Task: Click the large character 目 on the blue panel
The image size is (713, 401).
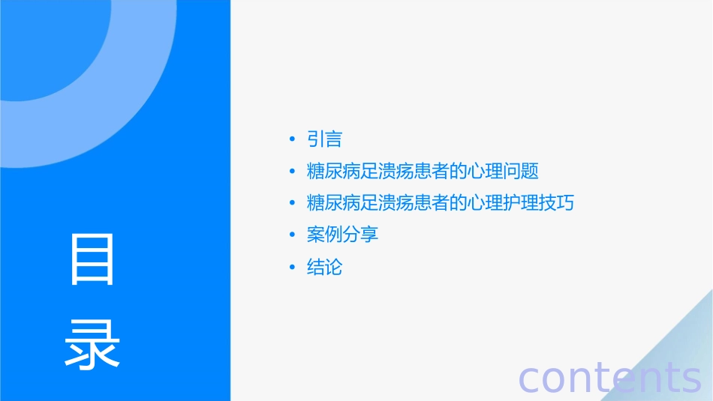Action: point(92,259)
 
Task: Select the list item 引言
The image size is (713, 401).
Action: point(325,139)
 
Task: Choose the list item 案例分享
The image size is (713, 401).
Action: point(343,235)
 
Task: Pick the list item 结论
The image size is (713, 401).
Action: point(325,267)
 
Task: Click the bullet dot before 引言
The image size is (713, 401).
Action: point(292,139)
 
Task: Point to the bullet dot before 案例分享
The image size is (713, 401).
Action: point(292,235)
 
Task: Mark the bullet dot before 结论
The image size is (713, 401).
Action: point(292,267)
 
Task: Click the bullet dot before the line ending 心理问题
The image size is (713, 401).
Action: point(292,172)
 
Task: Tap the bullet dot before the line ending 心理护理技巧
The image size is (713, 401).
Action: point(292,203)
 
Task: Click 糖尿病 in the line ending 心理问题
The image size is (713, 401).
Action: point(334,172)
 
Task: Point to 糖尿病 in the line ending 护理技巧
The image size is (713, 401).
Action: point(334,203)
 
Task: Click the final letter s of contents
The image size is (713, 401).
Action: point(690,379)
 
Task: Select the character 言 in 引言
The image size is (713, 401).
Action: point(334,139)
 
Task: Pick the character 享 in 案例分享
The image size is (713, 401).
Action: point(370,235)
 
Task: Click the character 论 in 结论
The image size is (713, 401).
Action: point(334,267)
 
